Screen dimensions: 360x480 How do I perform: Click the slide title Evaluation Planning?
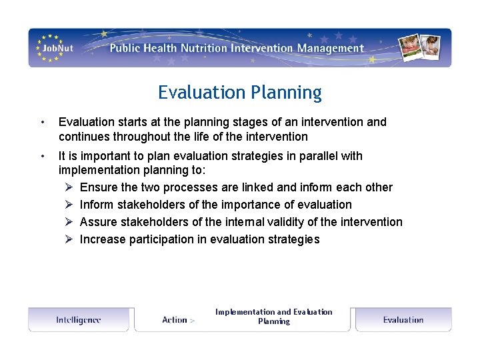pyautogui.click(x=239, y=92)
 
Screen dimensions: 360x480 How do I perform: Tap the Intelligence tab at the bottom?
pyautogui.click(x=79, y=320)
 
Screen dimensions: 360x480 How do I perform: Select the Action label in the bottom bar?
pyautogui.click(x=175, y=320)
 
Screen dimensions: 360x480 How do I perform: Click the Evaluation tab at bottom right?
pyautogui.click(x=403, y=320)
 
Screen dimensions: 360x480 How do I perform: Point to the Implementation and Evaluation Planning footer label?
pyautogui.click(x=273, y=316)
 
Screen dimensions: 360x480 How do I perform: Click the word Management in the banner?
pyautogui.click(x=331, y=48)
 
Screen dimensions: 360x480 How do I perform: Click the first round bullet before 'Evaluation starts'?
pyautogui.click(x=42, y=123)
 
